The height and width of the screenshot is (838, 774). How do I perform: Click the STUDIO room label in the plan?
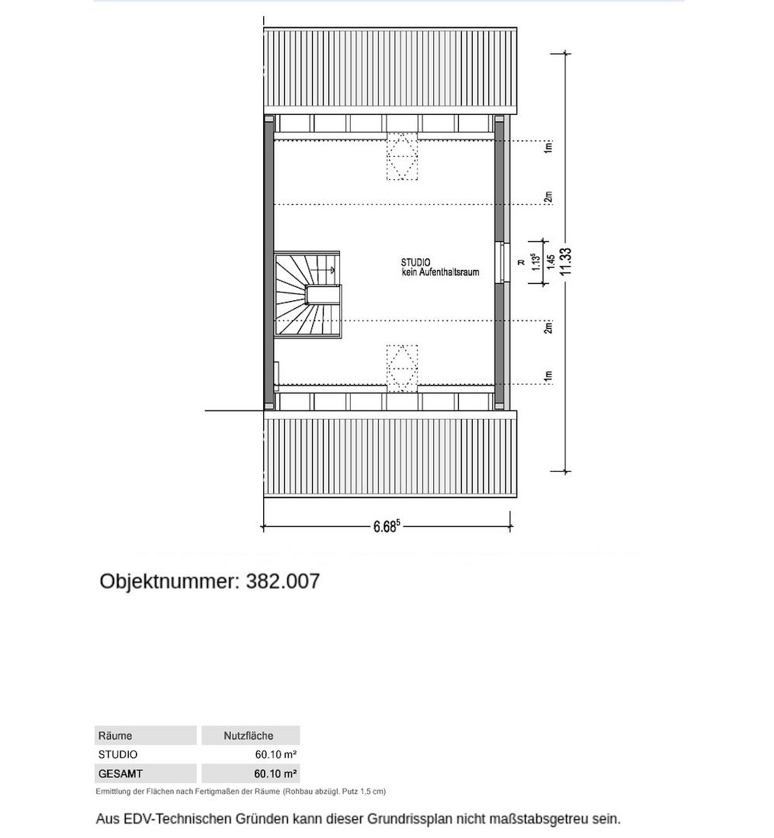[x=415, y=262]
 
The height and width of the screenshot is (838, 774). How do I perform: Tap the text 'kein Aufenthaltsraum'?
[x=440, y=272]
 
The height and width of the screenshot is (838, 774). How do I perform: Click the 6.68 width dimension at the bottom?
[x=386, y=527]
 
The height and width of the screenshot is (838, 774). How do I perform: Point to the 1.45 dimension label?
[x=550, y=262]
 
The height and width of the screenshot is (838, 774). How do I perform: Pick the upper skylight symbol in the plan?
[x=401, y=156]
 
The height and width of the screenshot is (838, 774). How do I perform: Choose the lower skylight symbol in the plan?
[x=401, y=369]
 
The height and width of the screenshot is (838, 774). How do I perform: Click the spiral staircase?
[x=307, y=294]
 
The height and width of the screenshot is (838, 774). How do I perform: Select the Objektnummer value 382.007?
[x=283, y=581]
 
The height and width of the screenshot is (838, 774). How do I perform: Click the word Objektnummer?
[x=169, y=581]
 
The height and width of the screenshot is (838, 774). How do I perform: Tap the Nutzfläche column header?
[x=248, y=736]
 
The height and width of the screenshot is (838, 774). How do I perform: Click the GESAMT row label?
[x=120, y=774]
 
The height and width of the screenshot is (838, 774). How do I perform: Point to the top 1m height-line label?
[x=548, y=147]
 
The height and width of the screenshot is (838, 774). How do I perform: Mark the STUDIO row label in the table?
[x=118, y=754]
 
